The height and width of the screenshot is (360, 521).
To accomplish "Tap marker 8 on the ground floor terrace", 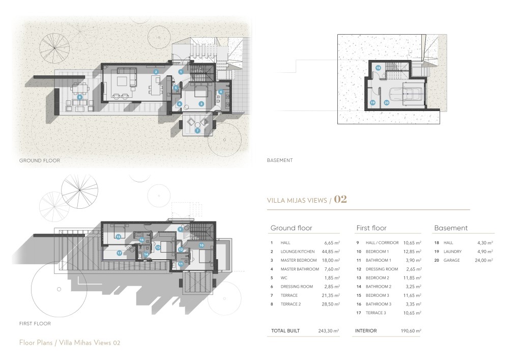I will [x=79, y=97].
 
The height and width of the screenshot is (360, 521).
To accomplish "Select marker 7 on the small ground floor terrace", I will [x=197, y=130].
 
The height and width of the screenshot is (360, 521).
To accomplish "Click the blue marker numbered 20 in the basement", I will [x=387, y=103].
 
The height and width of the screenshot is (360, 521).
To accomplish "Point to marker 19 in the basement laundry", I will [x=372, y=103].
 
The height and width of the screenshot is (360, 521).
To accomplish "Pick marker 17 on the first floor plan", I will [x=119, y=253].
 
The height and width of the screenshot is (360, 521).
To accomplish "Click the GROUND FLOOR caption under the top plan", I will [x=40, y=160].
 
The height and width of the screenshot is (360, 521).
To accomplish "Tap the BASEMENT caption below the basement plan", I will [x=280, y=160].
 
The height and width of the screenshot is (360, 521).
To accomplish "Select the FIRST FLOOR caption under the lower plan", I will [x=35, y=323].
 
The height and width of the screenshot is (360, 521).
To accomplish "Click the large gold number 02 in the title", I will [x=340, y=200].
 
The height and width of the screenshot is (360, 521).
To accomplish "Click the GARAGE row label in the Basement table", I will [x=452, y=260].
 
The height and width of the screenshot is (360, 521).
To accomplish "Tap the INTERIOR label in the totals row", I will [x=365, y=331].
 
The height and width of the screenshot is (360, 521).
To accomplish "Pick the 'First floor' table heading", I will [x=371, y=228].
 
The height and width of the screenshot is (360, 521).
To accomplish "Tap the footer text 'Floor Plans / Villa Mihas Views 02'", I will [x=69, y=343].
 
